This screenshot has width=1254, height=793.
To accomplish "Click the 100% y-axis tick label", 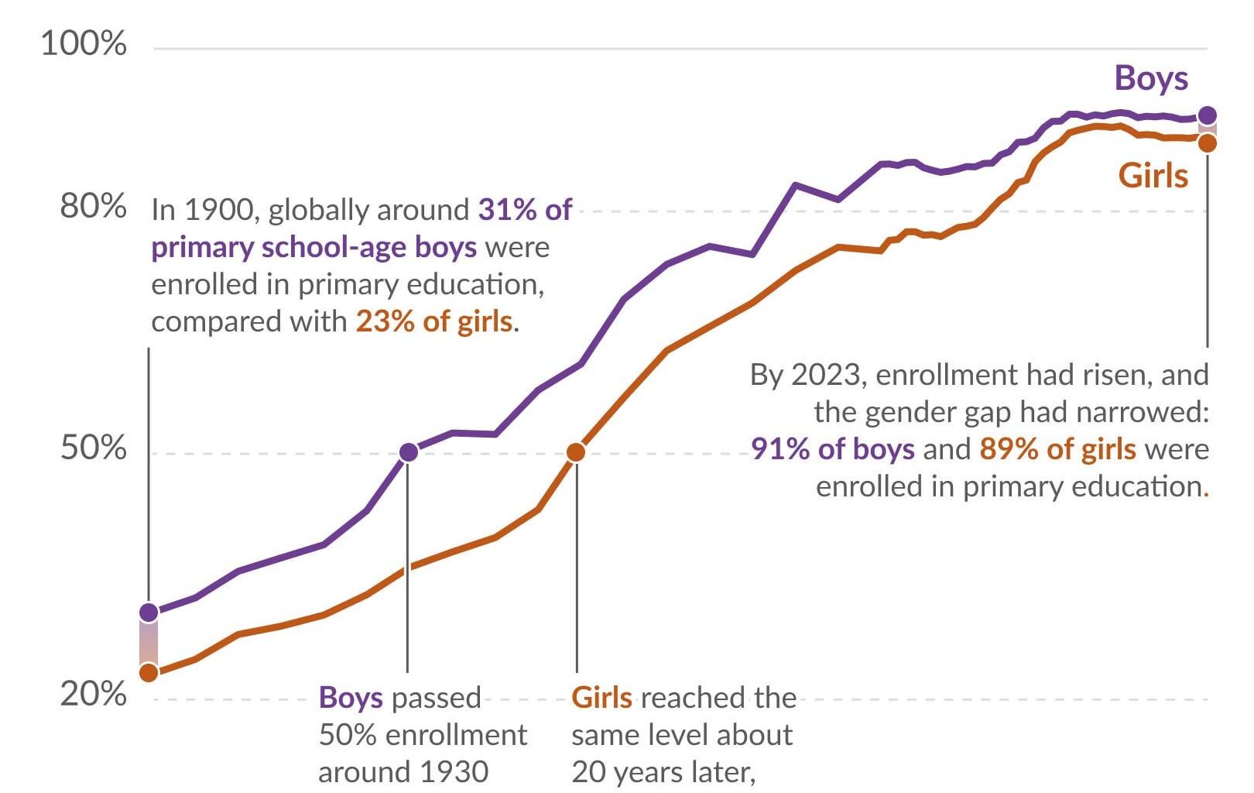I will (83, 43).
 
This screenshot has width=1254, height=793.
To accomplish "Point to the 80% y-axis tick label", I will (93, 207).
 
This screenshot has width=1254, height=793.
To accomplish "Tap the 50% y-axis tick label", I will (93, 448).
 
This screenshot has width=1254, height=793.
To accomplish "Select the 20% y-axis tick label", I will (93, 694).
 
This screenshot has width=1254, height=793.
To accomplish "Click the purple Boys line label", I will (1150, 78).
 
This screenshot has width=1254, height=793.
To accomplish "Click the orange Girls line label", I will (1153, 176).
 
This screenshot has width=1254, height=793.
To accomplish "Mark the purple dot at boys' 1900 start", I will (149, 613).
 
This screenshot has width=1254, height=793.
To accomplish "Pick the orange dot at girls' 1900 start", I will (149, 672).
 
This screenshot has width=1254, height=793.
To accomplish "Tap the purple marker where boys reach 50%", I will (409, 452).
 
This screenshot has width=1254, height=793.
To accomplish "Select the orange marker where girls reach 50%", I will (576, 452).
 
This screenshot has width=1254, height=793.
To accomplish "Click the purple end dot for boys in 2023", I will (1207, 116).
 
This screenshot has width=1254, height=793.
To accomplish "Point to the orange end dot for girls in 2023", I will (1207, 143).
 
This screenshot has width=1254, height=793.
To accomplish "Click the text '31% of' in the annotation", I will (525, 210).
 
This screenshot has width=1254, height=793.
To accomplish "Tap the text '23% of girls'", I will (433, 321).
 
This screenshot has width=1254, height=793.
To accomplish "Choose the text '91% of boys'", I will (832, 449).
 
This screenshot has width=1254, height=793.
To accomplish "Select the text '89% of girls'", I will (1057, 449).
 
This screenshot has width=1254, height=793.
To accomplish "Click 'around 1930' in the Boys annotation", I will (403, 772).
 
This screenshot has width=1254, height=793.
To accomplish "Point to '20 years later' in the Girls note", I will (663, 772).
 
